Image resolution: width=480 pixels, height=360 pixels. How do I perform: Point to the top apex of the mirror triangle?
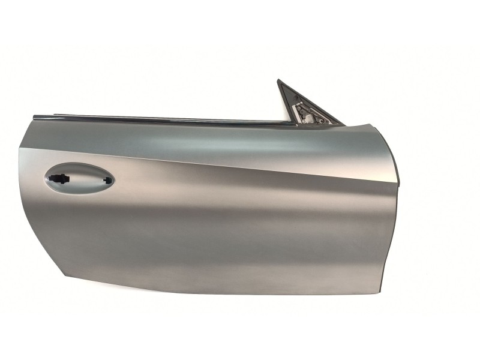[280, 80]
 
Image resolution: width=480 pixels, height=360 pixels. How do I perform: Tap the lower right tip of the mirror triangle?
[343, 124]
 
